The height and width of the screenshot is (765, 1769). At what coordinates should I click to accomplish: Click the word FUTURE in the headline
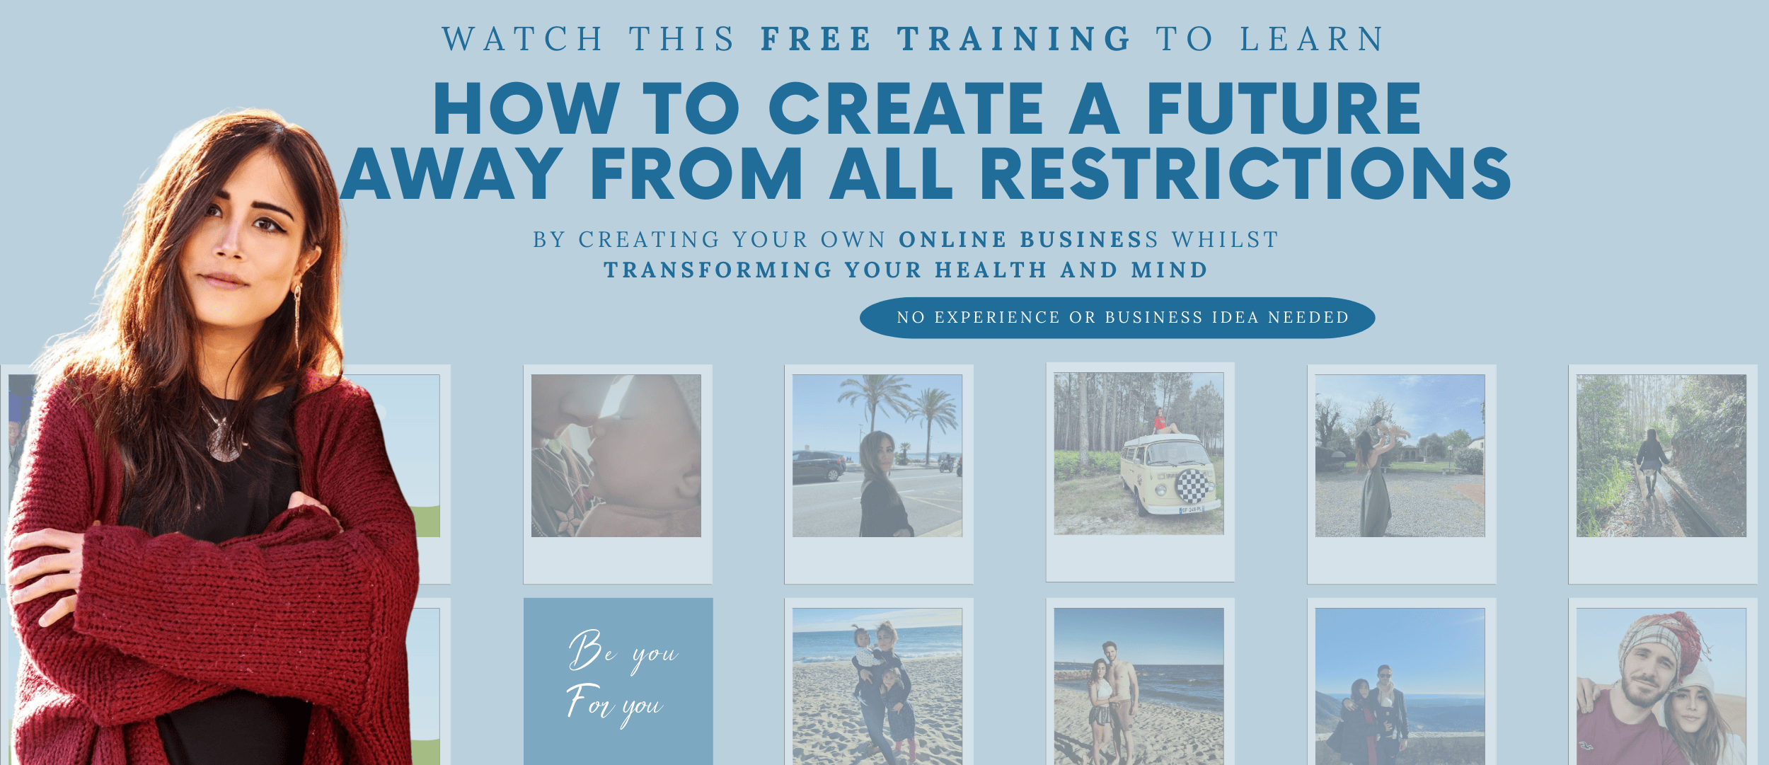click(1284, 108)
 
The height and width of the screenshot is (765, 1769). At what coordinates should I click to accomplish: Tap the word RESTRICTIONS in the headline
click(1245, 173)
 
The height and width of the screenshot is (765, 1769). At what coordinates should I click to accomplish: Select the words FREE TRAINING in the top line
click(946, 39)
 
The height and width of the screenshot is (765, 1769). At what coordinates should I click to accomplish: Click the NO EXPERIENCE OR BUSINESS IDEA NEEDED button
click(1117, 318)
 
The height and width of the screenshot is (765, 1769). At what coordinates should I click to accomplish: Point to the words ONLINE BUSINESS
click(1028, 240)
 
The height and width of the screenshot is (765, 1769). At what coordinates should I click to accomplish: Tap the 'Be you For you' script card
click(618, 681)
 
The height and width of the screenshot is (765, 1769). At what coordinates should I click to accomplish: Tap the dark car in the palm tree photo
click(819, 467)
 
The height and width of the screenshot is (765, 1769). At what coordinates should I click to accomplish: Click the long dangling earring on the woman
click(297, 322)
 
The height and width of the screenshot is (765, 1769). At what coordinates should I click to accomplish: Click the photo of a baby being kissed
click(616, 456)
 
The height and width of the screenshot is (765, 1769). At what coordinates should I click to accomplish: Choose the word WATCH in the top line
click(523, 39)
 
